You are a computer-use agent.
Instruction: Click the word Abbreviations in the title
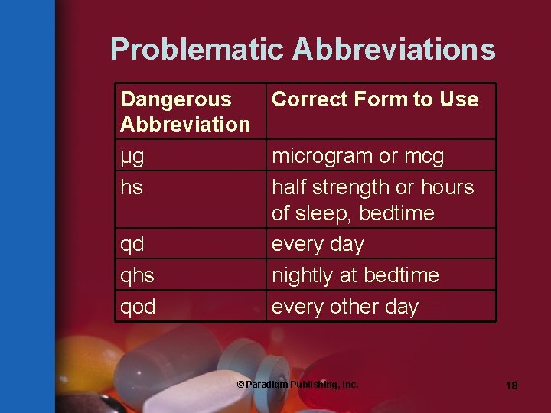tap(394, 50)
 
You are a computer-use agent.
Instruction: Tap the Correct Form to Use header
tap(375, 99)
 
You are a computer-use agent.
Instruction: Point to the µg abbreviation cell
tap(133, 157)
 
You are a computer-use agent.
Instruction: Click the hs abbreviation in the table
tap(132, 187)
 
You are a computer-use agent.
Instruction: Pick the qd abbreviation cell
tap(133, 245)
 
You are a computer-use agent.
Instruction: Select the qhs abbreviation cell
tap(139, 275)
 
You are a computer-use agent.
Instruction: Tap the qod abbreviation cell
tap(139, 307)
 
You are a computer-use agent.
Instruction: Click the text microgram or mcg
tap(357, 157)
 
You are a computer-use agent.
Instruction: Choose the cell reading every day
tap(318, 245)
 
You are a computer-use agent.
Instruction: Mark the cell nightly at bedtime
tap(355, 275)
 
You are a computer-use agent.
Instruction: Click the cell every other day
tap(345, 307)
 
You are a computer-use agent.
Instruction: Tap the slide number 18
tap(511, 385)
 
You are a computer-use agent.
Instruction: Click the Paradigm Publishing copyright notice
tap(297, 384)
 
